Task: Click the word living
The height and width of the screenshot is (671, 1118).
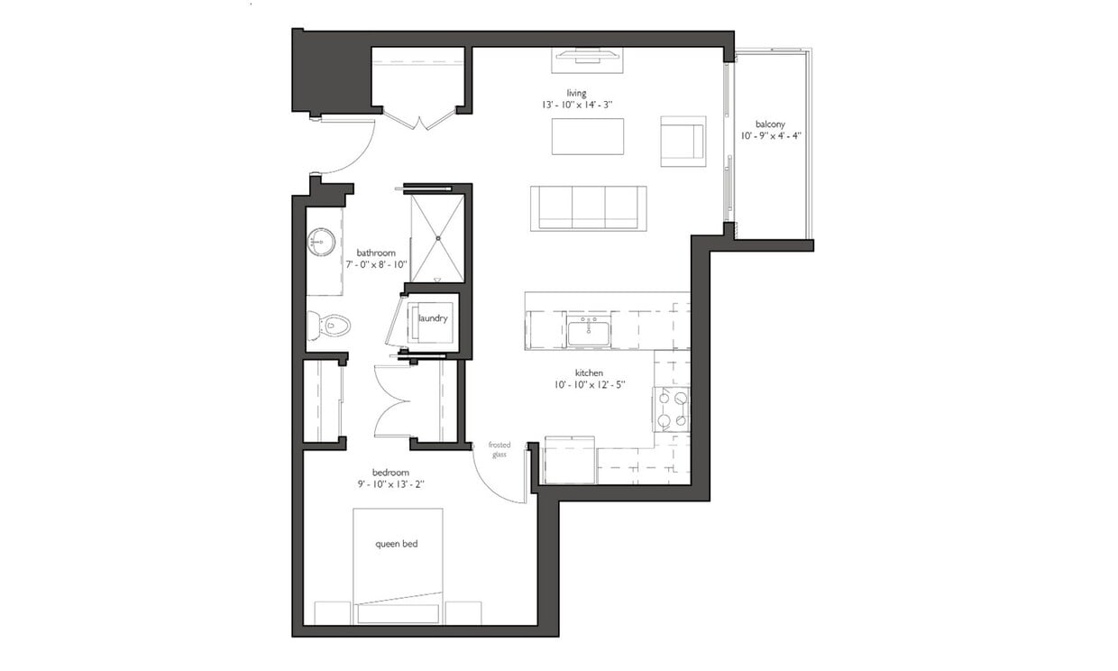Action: coord(576,93)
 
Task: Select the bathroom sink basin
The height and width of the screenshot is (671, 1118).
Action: coord(321,242)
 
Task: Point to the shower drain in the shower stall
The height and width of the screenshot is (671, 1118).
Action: coord(438,238)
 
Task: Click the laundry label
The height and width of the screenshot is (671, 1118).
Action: coord(433,318)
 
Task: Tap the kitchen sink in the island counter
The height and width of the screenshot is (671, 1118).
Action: coord(589,331)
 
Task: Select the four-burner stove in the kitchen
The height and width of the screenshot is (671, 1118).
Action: coord(672,409)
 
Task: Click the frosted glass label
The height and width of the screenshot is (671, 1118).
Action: coord(499,449)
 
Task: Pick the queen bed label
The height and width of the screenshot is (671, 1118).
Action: coord(397,544)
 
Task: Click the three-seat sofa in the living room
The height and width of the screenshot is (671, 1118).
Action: coord(588,208)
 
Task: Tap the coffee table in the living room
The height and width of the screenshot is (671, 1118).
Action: coord(587,136)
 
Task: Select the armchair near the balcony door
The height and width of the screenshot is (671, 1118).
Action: coord(682,142)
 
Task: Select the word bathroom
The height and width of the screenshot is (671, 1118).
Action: coord(377,253)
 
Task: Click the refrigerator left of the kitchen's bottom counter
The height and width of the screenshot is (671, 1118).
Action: coord(568,460)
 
